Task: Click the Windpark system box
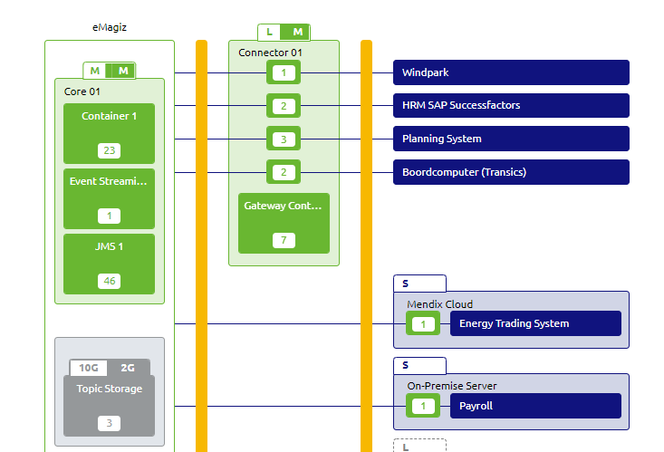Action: pyautogui.click(x=510, y=72)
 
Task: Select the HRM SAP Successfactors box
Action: pyautogui.click(x=510, y=106)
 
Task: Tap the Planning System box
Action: pyautogui.click(x=510, y=139)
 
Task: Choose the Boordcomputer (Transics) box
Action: pyautogui.click(x=510, y=172)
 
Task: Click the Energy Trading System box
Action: pyautogui.click(x=534, y=323)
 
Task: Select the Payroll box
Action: pyautogui.click(x=534, y=406)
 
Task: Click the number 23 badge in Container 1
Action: pyautogui.click(x=110, y=150)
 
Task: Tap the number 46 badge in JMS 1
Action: pyautogui.click(x=110, y=281)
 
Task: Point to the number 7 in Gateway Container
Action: pyautogui.click(x=284, y=240)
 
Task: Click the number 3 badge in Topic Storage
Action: pyautogui.click(x=110, y=423)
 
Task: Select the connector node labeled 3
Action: pyautogui.click(x=284, y=139)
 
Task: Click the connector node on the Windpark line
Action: pyautogui.click(x=284, y=72)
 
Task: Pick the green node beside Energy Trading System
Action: pyautogui.click(x=422, y=323)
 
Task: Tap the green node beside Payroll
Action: pyautogui.click(x=422, y=406)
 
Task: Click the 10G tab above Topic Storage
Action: pyautogui.click(x=89, y=368)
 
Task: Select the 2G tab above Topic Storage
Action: pyautogui.click(x=128, y=368)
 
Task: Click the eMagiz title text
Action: pyautogui.click(x=110, y=28)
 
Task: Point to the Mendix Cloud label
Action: pyautogui.click(x=439, y=304)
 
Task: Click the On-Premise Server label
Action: pyautogui.click(x=451, y=386)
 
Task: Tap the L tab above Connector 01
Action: pyautogui.click(x=269, y=33)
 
